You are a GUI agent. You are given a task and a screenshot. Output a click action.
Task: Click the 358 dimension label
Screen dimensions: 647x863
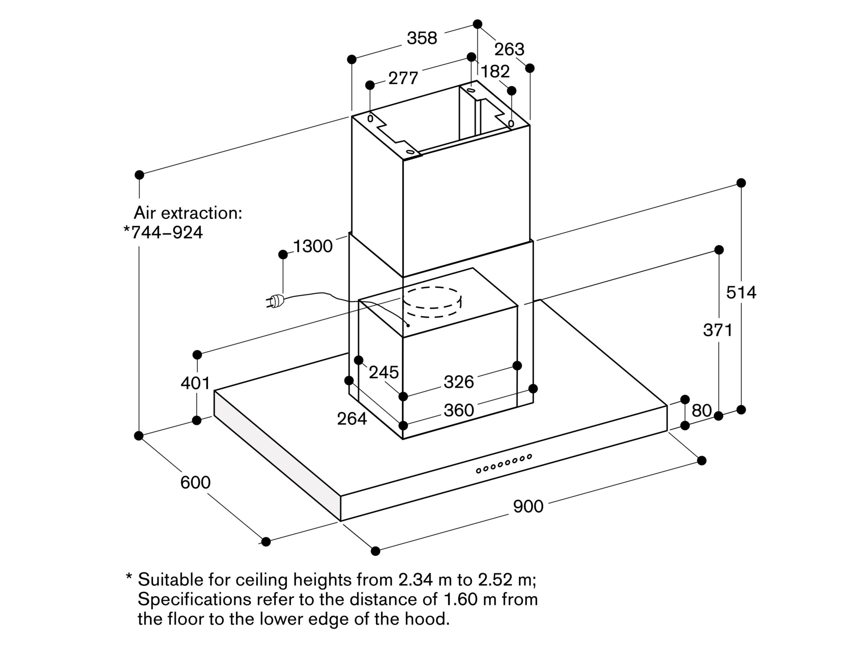(x=422, y=38)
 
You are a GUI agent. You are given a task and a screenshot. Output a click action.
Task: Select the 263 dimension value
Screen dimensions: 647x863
(x=509, y=50)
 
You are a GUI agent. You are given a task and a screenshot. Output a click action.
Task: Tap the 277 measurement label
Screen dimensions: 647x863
(x=403, y=78)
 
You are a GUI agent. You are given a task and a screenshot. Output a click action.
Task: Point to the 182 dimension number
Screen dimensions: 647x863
(x=495, y=72)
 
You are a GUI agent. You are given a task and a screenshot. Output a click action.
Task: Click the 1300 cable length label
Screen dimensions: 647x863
(x=313, y=246)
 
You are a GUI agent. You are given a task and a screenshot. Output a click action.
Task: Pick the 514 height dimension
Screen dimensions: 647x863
(x=741, y=292)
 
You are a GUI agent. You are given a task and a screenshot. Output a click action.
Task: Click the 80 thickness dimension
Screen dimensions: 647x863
(x=701, y=410)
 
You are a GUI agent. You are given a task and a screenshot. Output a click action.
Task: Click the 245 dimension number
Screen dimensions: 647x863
(x=383, y=373)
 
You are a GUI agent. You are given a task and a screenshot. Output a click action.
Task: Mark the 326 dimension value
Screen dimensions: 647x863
(x=458, y=382)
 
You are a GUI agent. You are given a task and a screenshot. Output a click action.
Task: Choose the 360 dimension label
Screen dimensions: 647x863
(x=458, y=410)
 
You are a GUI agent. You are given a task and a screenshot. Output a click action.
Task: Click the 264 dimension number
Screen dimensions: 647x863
(x=351, y=419)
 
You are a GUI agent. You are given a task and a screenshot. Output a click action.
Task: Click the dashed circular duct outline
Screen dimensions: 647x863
(x=432, y=303)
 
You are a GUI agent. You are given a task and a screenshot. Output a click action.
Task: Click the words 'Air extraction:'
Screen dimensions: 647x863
(x=188, y=213)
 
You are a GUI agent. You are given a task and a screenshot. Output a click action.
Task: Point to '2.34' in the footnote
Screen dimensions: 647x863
(x=415, y=580)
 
